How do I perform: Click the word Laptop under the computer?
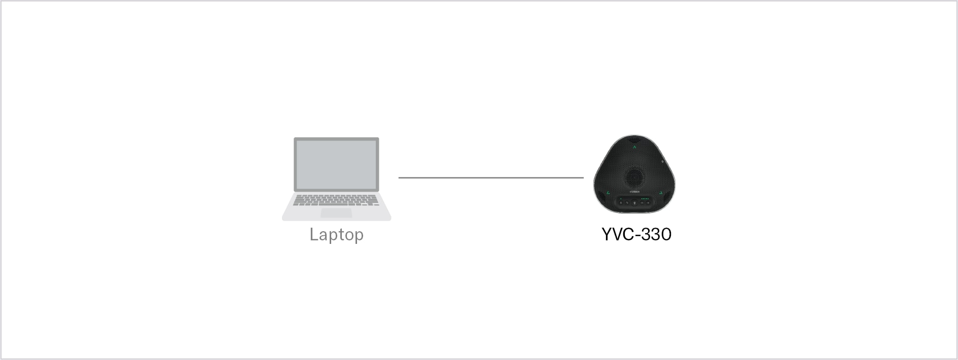coord(336,235)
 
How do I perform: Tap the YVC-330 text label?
coord(636,234)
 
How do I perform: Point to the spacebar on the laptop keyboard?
coord(336,204)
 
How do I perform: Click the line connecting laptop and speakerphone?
coord(491,178)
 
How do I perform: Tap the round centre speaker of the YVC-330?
coord(634,176)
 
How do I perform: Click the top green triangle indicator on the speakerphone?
coord(634,148)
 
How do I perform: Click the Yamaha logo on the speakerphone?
coord(634,192)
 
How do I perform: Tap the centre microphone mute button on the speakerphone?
coord(634,203)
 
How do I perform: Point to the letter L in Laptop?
coord(313,234)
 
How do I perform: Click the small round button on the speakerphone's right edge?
coord(663,162)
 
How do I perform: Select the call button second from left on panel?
coord(627,203)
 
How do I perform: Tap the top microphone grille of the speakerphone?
coord(634,140)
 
